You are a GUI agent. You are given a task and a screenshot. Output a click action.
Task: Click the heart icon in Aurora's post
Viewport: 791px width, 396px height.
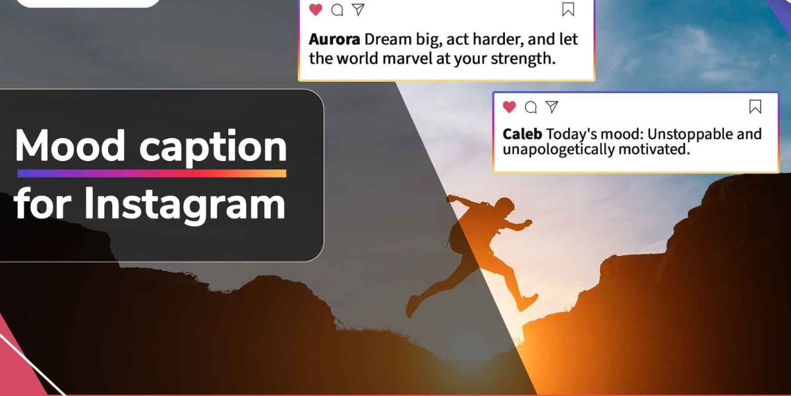tap(315, 9)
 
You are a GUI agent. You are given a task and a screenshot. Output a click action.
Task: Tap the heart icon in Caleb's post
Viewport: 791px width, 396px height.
tap(509, 106)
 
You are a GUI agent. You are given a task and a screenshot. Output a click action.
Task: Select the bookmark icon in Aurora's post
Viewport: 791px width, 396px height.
tap(568, 9)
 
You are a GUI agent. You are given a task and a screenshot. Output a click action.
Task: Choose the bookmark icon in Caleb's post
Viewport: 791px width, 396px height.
tap(755, 106)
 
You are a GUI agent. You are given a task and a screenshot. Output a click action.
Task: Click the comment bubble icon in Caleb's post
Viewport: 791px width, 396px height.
tap(531, 107)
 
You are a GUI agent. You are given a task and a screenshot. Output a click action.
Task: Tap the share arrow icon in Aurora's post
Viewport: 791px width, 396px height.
tap(359, 9)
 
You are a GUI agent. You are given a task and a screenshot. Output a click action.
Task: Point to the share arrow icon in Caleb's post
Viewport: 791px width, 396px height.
tap(552, 106)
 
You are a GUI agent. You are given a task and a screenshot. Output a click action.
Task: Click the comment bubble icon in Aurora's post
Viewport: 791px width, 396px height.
tap(337, 10)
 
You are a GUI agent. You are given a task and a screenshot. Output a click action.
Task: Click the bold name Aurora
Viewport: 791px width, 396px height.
tap(334, 39)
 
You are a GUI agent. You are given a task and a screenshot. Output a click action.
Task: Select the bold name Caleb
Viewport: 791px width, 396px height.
tap(522, 134)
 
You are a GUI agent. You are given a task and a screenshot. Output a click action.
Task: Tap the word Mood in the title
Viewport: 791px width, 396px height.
tap(70, 146)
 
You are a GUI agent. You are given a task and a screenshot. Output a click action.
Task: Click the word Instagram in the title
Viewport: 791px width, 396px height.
tap(185, 205)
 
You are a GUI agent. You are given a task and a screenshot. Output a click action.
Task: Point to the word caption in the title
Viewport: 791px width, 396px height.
tap(214, 148)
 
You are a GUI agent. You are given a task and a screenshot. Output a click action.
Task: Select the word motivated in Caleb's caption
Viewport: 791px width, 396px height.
tap(654, 149)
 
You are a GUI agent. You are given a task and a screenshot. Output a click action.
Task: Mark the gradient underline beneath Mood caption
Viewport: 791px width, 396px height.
tap(152, 174)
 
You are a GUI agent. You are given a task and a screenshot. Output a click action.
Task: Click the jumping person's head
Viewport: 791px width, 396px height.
tap(505, 206)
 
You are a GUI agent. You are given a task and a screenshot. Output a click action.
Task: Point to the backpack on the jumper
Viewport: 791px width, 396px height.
tap(459, 235)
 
